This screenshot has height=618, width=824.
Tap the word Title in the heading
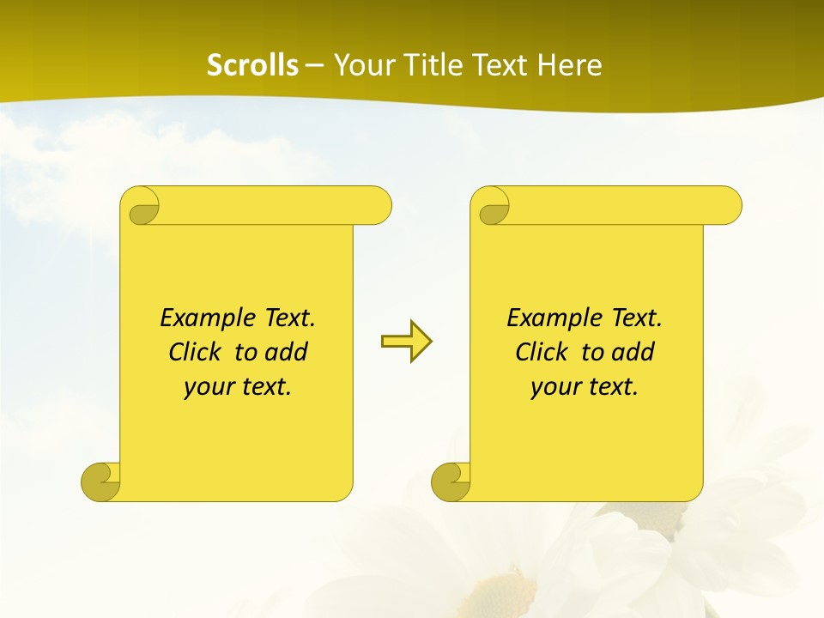424,65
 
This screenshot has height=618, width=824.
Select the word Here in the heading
569,65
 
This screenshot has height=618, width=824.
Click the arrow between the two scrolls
406,342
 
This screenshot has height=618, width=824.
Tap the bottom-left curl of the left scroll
101,481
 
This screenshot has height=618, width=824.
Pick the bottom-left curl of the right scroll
451,482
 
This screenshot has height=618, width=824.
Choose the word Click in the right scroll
541,352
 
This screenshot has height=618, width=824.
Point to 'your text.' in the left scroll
238,387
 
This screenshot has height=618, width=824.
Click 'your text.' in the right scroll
585,387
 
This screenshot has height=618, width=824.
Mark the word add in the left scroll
287,352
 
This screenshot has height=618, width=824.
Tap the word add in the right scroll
633,352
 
